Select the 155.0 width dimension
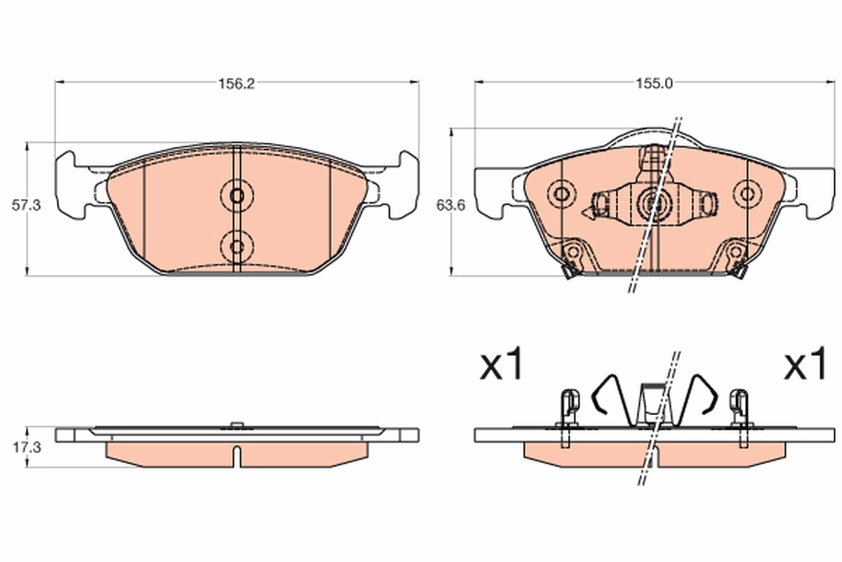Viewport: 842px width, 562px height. coord(654,83)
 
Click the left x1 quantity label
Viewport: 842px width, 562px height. coord(501,366)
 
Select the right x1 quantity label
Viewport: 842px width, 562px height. coord(806,366)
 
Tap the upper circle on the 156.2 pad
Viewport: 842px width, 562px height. coord(236,195)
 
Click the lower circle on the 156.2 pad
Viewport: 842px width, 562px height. coord(236,245)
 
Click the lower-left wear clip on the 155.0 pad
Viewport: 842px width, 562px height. coord(572,259)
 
